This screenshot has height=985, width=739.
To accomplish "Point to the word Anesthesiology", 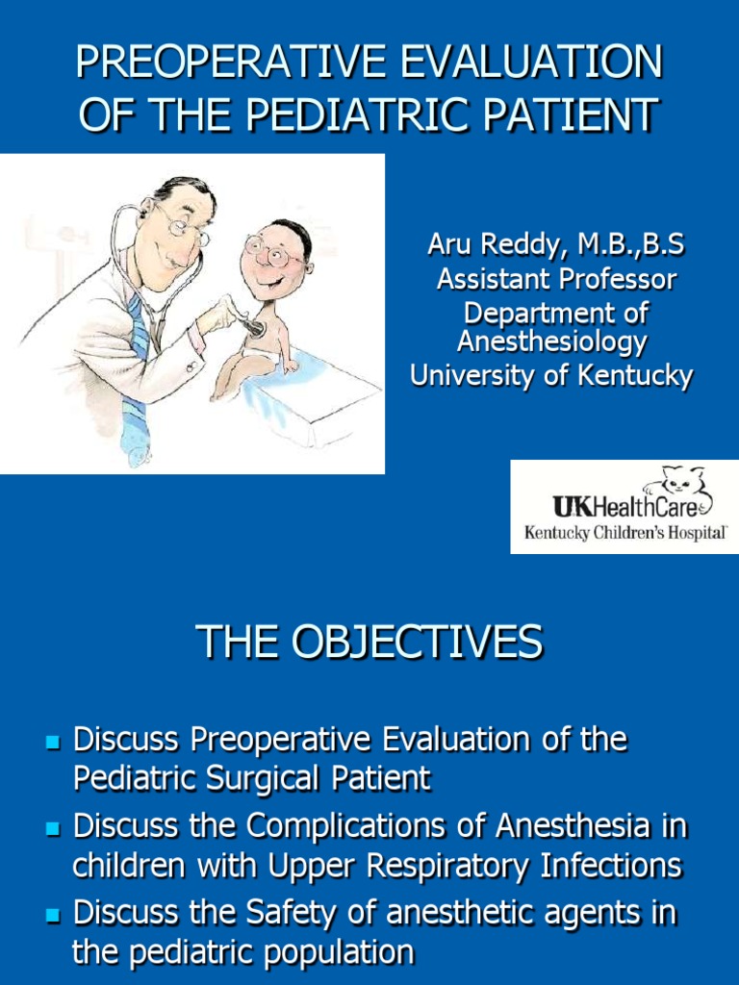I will (551, 341).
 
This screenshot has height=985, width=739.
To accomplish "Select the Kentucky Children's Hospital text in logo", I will (624, 532).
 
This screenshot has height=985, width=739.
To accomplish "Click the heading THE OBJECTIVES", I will (369, 643).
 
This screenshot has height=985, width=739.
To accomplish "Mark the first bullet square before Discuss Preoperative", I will (53, 742).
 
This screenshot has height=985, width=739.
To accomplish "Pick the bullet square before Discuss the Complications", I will (53, 828).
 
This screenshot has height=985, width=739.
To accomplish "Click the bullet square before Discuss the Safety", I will (53, 914).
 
